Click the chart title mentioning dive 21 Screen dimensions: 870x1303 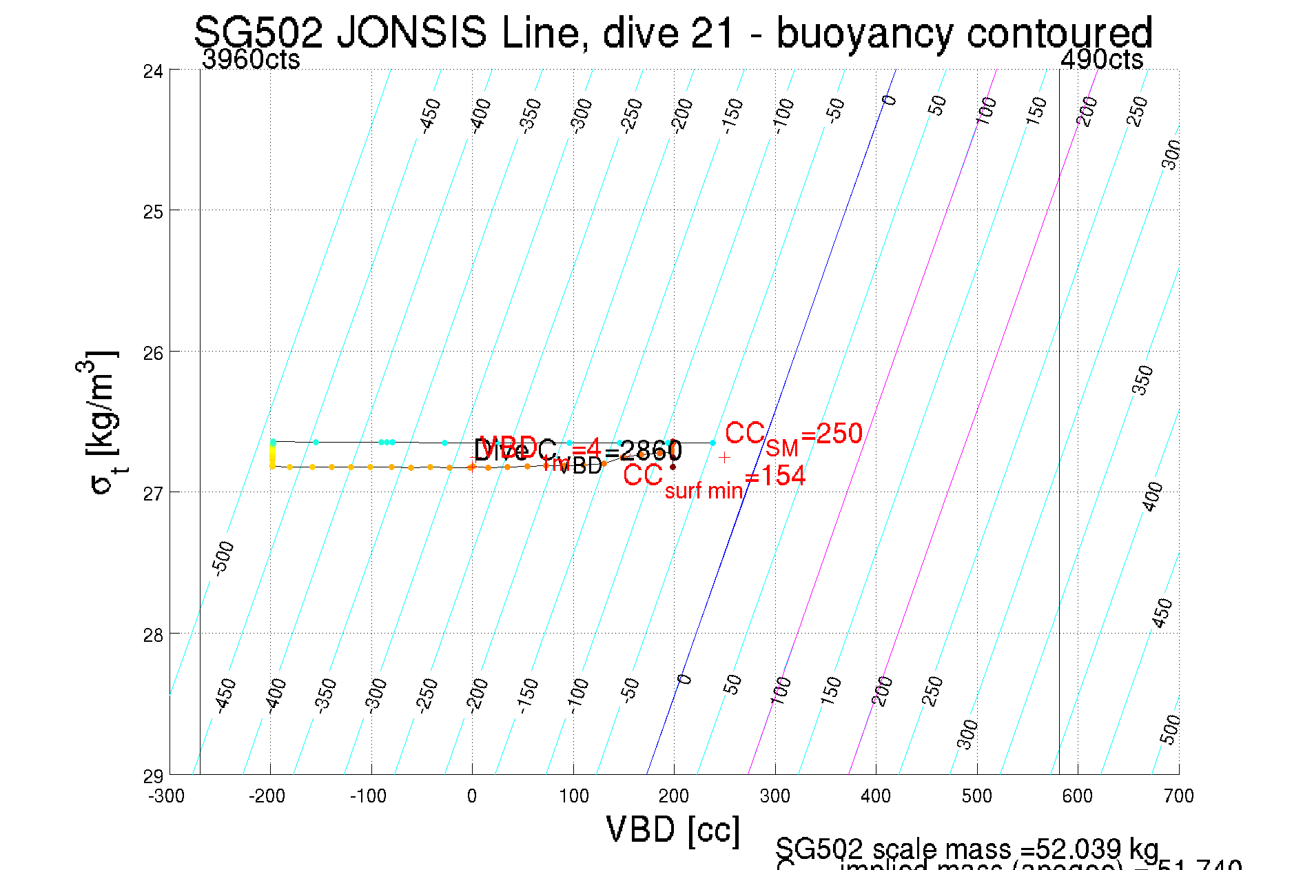(x=673, y=32)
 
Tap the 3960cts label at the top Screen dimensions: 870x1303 (x=251, y=60)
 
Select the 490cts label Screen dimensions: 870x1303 (x=1101, y=60)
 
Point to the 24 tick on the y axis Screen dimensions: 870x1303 (x=153, y=71)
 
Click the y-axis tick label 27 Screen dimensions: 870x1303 (x=153, y=494)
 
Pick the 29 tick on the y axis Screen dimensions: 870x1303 (x=153, y=776)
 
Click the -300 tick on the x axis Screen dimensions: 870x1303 (x=167, y=797)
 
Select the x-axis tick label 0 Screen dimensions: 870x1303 (x=472, y=797)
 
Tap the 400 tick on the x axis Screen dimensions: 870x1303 (x=876, y=797)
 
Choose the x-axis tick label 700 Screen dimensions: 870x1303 (x=1178, y=797)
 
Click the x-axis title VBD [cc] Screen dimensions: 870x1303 (x=673, y=829)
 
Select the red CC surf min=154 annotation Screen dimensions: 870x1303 (x=714, y=479)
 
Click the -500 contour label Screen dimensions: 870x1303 (x=223, y=558)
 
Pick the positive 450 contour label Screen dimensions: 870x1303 (x=1162, y=613)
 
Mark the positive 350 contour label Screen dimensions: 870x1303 (x=1143, y=380)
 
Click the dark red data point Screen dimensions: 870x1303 (x=673, y=467)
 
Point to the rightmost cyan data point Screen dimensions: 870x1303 (x=712, y=443)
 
